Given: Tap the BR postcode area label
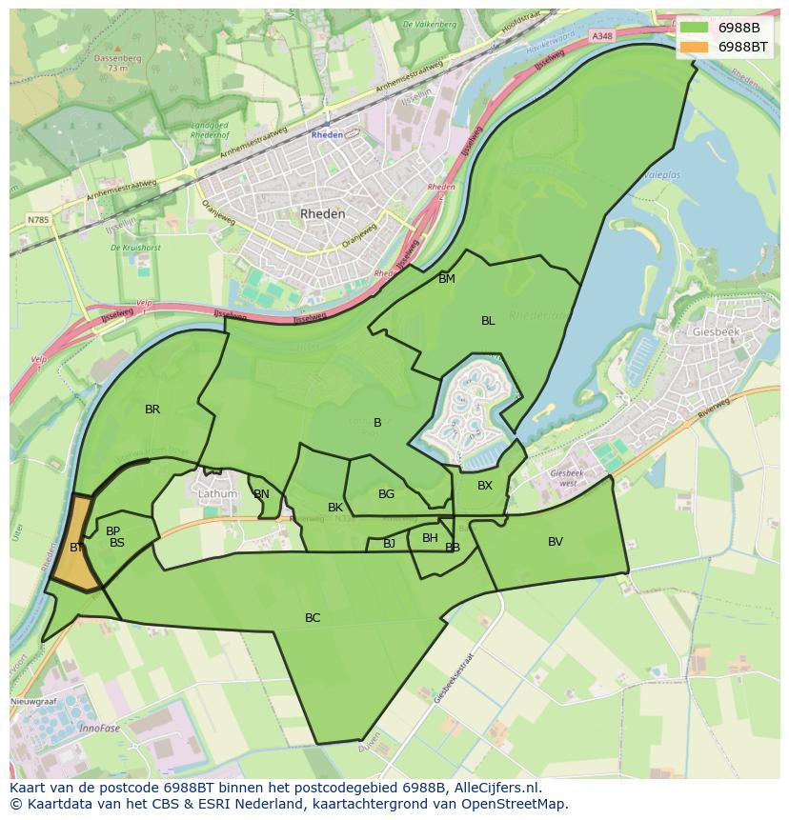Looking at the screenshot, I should [152, 410].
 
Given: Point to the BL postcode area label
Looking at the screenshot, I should [488, 321].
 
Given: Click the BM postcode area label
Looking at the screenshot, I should [447, 279].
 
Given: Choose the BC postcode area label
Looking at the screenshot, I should [313, 618].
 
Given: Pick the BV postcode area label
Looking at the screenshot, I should [556, 542].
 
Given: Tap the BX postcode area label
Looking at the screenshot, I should [485, 486].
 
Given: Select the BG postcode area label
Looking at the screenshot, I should [386, 494].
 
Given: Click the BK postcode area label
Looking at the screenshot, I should [335, 508].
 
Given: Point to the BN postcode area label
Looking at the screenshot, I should [261, 494].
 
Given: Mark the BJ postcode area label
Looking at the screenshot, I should [389, 544].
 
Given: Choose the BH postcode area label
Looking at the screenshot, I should [430, 538].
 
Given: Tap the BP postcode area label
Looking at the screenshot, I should [112, 531].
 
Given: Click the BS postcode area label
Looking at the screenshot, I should [117, 543].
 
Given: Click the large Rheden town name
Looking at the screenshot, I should [323, 214].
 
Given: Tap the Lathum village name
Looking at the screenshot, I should [217, 495].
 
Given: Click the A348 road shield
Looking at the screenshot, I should [601, 35].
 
